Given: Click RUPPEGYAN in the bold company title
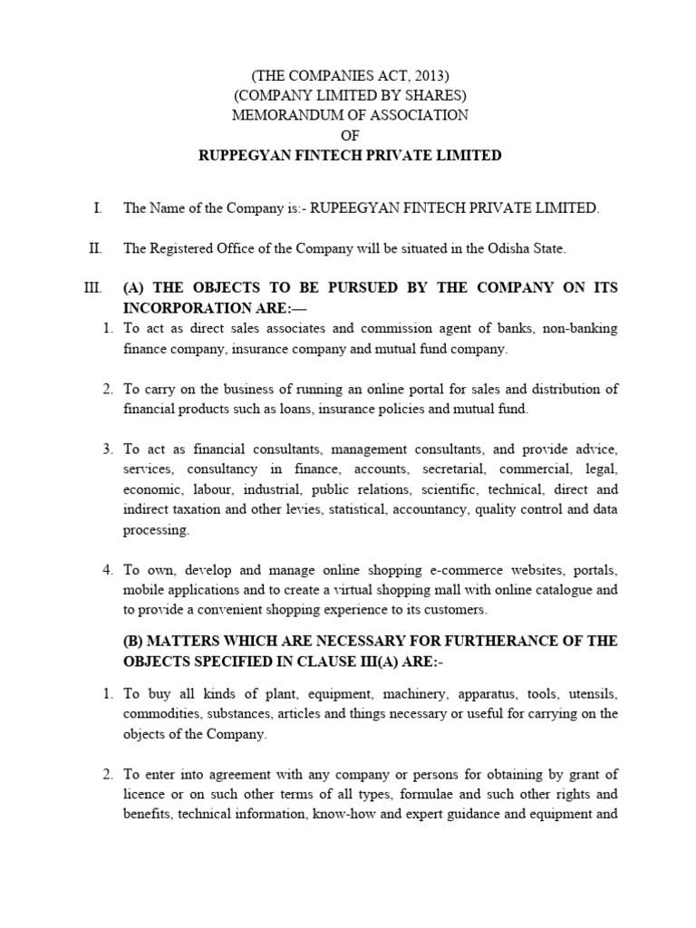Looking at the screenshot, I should [237, 155].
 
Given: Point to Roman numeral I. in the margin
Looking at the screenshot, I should [96, 208].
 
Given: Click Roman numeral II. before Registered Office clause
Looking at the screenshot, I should [94, 247].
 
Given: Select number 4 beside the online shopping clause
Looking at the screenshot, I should [107, 570].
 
